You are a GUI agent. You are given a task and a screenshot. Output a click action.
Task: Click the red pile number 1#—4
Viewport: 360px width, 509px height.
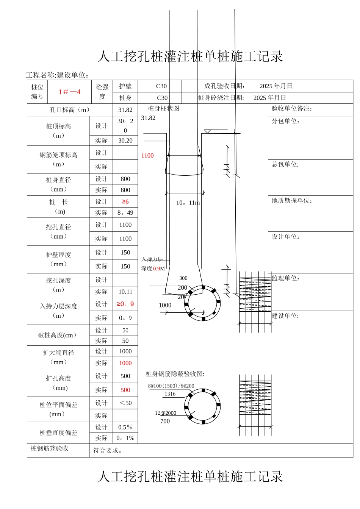click(69, 92)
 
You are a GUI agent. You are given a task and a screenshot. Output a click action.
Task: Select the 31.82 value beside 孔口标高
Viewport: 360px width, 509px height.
click(125, 110)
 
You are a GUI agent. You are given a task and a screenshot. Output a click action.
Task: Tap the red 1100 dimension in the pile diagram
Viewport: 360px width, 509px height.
click(147, 156)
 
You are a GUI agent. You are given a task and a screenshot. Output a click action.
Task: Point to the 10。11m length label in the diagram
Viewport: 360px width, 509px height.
click(188, 203)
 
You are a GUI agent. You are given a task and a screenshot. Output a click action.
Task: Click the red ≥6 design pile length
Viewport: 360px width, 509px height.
click(125, 202)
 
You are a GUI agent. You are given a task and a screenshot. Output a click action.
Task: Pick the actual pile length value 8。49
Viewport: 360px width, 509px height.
click(125, 213)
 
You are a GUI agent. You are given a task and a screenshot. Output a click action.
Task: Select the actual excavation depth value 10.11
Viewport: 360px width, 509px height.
click(125, 292)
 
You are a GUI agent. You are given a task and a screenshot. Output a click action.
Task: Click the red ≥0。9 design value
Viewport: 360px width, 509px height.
click(125, 304)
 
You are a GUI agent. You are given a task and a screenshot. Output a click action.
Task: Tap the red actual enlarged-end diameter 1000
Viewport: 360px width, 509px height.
click(125, 363)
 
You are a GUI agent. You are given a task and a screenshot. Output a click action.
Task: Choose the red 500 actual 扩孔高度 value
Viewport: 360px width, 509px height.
click(125, 390)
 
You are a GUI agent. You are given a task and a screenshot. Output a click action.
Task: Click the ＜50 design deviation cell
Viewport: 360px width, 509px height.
click(125, 403)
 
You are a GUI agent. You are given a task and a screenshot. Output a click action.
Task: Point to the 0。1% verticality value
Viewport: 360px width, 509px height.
click(125, 438)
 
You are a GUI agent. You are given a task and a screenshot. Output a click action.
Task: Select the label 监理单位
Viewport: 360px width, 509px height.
click(285, 278)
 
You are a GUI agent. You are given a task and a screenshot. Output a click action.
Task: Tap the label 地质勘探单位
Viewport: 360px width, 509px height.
click(292, 201)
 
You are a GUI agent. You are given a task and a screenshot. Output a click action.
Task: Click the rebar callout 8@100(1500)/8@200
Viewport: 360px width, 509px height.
click(171, 386)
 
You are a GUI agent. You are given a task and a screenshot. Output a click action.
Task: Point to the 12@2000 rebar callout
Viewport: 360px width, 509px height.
click(166, 413)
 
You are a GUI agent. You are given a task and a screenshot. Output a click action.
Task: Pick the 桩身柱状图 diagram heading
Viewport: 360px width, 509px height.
click(163, 109)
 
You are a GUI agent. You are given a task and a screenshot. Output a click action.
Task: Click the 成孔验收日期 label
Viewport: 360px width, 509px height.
click(224, 86)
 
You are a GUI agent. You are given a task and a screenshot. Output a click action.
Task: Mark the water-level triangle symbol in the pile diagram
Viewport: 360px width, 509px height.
click(207, 132)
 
